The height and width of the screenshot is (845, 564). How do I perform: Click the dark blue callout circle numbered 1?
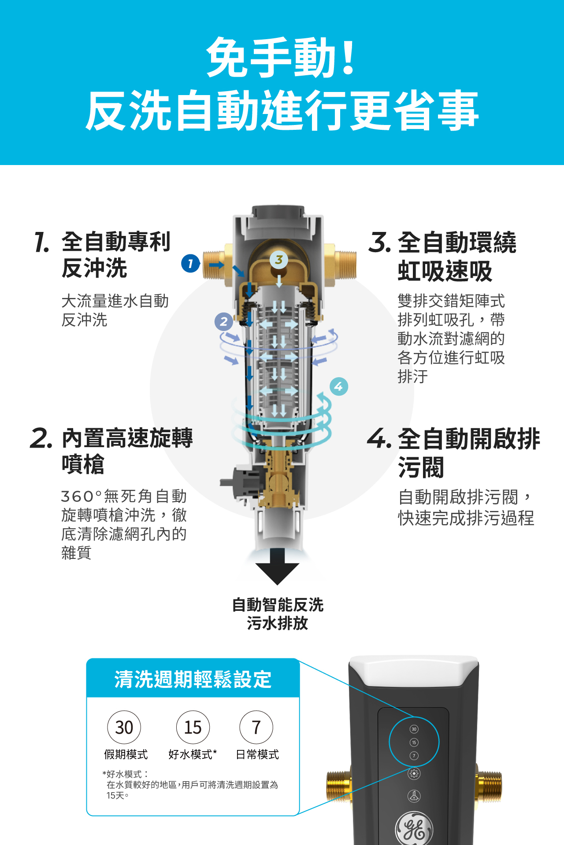pos(190,263)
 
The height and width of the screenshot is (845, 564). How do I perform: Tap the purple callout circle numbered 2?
pos(224,321)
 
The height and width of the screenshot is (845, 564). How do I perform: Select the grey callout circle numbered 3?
pos(279,260)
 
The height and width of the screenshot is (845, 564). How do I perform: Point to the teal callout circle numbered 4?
pos(339,386)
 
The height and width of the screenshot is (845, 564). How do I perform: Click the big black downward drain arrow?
pos(277,566)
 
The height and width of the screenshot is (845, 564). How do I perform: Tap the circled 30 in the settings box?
pos(124,727)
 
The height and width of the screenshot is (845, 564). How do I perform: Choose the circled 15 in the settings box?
pos(193,727)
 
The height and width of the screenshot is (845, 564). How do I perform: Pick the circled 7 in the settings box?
pos(256,727)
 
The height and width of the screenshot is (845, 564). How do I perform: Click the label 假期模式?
pos(126,754)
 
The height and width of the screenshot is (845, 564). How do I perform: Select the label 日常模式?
pos(257,754)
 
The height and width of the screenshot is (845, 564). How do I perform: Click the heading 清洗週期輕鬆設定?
pos(193,679)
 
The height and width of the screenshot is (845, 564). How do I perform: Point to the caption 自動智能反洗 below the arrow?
pos(278,605)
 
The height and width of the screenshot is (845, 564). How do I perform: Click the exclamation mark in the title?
pos(348,56)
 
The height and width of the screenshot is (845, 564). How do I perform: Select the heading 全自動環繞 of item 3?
pos(457,242)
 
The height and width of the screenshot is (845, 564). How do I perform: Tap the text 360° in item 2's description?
pos(82,496)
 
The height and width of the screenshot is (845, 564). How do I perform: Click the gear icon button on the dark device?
pos(414,774)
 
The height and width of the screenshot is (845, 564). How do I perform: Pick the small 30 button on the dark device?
pos(414,729)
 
